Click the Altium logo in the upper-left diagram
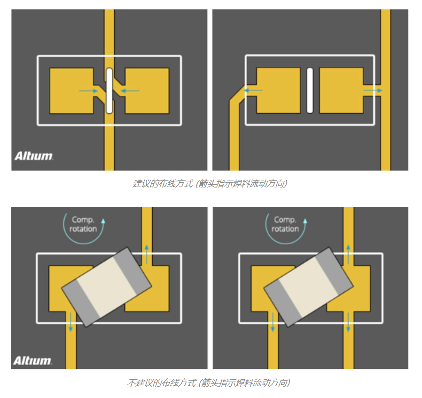point(34,156)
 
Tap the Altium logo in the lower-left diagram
point(32,360)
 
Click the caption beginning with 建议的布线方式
point(210,184)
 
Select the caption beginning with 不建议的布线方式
point(209,382)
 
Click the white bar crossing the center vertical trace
point(109,91)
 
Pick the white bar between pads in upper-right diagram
point(310,90)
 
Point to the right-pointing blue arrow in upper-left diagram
point(88,91)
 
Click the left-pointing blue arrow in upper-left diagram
point(130,91)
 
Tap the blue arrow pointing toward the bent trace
point(253,90)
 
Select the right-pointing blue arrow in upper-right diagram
point(373,90)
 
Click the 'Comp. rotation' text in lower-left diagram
point(83,224)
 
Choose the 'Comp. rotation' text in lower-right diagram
point(285,224)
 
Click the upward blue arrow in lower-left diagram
point(147,254)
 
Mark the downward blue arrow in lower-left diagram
point(71,322)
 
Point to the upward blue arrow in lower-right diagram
point(348,254)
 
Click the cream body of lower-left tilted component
point(107,287)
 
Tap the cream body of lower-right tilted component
point(309,287)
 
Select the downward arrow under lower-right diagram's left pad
point(273,322)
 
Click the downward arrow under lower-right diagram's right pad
point(348,322)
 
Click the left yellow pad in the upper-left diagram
point(71,91)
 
